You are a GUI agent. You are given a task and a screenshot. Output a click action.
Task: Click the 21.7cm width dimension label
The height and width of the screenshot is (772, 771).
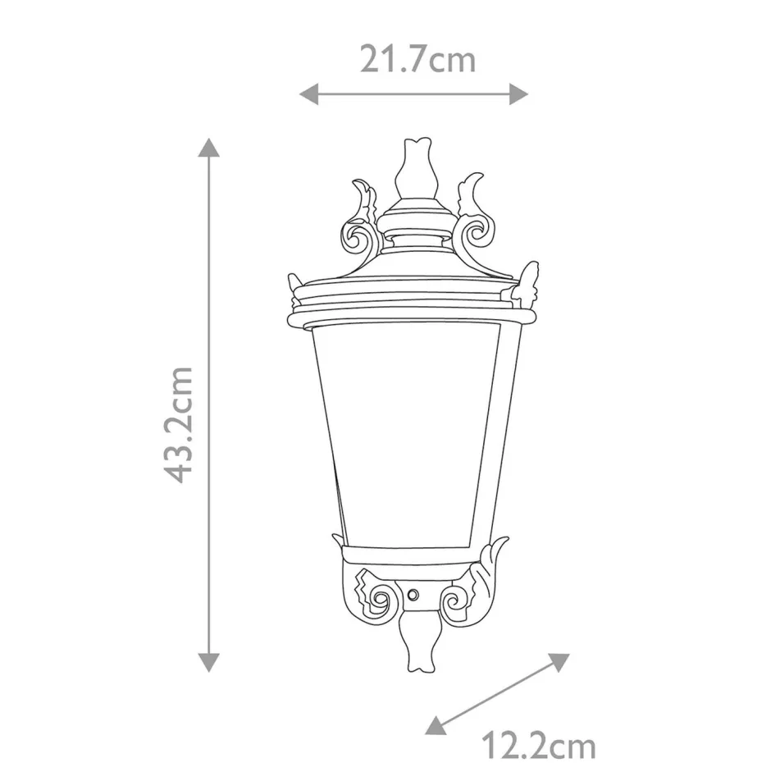point(417,60)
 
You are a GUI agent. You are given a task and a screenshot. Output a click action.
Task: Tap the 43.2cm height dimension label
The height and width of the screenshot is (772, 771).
point(179,424)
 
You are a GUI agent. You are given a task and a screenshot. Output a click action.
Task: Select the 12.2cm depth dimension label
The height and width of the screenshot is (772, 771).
point(537,747)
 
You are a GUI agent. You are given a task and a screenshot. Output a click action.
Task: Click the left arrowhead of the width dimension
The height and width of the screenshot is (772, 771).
point(308,94)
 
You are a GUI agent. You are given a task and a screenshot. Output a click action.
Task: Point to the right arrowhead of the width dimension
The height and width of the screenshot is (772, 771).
point(518,94)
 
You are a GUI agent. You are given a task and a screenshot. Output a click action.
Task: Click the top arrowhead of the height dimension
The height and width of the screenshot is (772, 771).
point(210,148)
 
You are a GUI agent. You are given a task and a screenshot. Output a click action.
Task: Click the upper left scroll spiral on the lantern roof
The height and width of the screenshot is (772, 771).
point(358,238)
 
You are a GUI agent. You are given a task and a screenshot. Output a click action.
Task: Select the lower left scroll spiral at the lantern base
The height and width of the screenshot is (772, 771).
point(378,597)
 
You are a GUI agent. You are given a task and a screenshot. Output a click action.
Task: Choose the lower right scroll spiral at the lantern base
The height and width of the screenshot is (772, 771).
point(454,599)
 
